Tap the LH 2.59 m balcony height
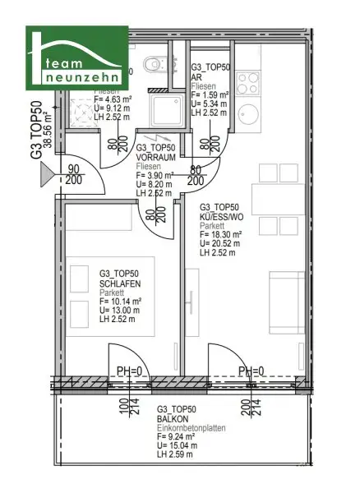[176, 454]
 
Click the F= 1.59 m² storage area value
[210, 94]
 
